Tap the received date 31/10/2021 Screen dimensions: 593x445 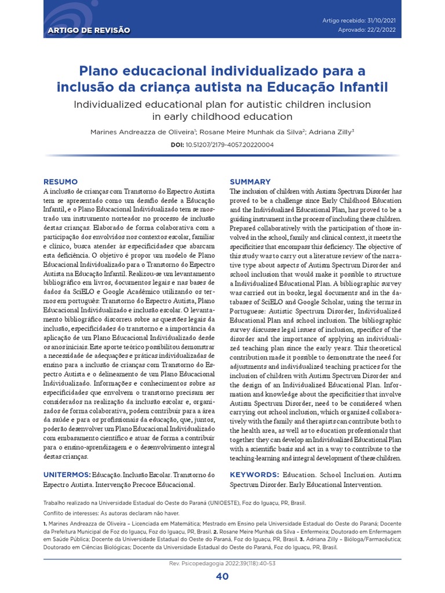381,21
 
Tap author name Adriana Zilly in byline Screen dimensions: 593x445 330,132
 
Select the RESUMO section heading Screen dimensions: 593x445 61,182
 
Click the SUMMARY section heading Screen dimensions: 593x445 250,182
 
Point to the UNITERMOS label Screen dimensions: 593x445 67,474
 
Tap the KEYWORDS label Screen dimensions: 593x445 254,474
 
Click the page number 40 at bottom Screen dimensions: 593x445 222,576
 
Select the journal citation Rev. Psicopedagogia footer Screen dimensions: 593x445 222,563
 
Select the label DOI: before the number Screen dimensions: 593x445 177,145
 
